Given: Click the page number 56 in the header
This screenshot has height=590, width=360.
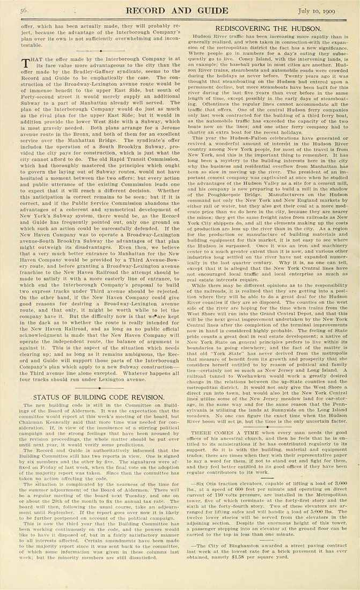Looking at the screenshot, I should [x=24, y=10].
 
